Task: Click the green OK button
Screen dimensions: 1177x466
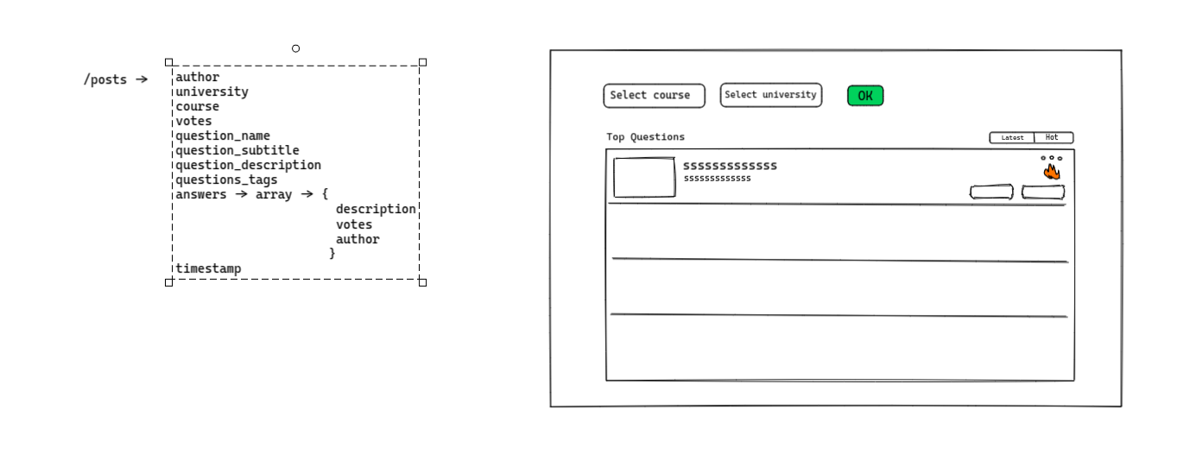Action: tap(865, 96)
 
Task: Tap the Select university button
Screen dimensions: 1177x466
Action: tap(770, 95)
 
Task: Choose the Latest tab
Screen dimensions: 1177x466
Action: tap(1012, 138)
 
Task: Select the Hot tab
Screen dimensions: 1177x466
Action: tap(1053, 137)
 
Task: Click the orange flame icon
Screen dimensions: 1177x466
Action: tap(1052, 172)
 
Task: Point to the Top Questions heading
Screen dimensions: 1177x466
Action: tap(645, 137)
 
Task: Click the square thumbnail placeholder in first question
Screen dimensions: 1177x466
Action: tap(644, 178)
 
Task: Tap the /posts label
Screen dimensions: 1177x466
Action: tap(104, 80)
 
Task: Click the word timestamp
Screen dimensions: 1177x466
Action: tap(208, 268)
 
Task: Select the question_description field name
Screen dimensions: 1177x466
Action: tap(248, 165)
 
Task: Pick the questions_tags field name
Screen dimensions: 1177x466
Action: tap(226, 179)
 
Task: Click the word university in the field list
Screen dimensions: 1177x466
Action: tap(212, 91)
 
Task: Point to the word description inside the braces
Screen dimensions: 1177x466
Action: tap(376, 210)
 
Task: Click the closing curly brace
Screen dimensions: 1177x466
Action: tap(332, 254)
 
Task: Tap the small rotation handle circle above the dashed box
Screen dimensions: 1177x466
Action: tap(296, 48)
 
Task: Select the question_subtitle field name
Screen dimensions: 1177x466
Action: tap(237, 150)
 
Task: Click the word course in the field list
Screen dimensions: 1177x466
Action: tap(197, 106)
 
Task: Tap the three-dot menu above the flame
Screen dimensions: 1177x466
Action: tap(1051, 158)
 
